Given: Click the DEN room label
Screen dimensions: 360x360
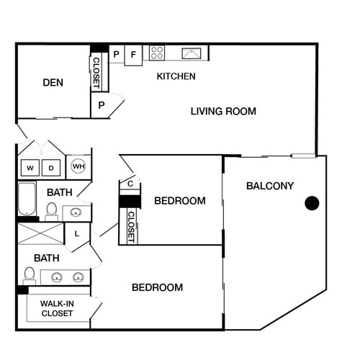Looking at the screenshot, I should coord(53,83).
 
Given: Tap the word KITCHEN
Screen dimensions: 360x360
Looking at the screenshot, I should coord(176,76).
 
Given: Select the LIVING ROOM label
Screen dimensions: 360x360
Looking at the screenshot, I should coord(223,111).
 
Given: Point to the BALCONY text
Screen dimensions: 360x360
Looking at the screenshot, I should coord(270,186).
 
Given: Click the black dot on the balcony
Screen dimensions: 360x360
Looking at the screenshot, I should coord(312,203).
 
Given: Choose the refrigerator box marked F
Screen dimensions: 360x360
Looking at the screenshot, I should coord(133,54).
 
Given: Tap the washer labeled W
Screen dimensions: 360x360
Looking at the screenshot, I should coord(30,168).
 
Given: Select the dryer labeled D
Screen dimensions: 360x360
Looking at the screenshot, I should coord(52,168).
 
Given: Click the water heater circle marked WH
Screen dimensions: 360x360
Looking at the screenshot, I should coord(78,167).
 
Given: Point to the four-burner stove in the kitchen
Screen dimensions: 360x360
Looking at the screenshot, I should coord(157,53).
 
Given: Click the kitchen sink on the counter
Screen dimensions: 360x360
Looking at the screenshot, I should coord(192,53).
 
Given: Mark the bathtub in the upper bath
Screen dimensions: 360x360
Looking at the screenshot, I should coord(27,199).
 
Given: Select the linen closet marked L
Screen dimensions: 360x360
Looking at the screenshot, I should coord(77,233).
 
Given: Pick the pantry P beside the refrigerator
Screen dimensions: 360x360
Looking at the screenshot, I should coord(115,54).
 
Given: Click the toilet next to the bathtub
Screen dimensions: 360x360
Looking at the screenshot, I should coord(52,210).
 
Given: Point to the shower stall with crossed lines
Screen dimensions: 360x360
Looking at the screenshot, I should coord(40,233).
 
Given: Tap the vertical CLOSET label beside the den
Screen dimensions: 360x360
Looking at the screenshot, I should coord(96,72).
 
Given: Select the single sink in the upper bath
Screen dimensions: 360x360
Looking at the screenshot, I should coord(76,212).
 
